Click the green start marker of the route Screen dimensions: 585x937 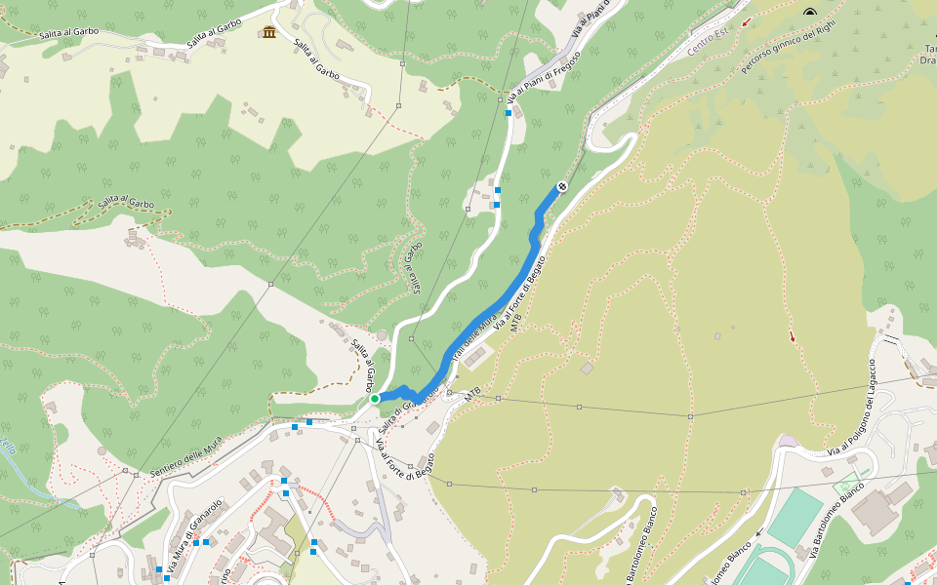[375, 398]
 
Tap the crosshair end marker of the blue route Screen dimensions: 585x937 [562, 186]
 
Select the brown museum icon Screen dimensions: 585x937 [268, 34]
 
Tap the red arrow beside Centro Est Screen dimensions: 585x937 [747, 21]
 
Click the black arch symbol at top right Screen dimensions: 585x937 [809, 13]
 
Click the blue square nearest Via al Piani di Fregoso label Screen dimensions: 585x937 [508, 114]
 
